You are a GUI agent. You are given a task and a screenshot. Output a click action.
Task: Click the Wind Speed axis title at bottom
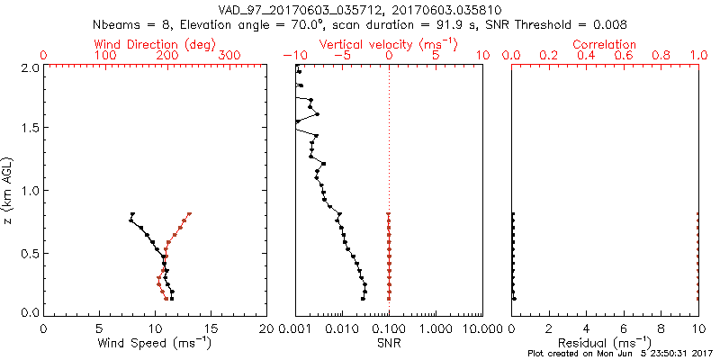tap(155, 342)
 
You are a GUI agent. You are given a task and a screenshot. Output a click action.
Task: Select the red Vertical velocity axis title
tap(388, 43)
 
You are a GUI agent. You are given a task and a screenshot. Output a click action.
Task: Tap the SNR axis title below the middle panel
tap(388, 343)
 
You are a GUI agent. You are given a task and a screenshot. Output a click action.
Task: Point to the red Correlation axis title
tap(604, 43)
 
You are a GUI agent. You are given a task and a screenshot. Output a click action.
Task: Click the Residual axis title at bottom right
tap(604, 342)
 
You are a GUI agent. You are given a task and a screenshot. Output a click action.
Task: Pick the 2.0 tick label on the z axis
tap(30, 67)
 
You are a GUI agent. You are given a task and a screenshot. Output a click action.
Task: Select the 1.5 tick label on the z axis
tap(30, 129)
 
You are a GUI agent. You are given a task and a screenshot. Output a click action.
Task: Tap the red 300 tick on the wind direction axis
tap(229, 56)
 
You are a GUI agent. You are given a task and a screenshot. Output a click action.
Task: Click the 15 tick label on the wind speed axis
tap(211, 328)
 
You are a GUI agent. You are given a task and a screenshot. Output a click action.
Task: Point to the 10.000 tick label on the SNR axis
tap(478, 328)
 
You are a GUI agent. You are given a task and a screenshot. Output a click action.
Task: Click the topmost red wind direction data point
tap(190, 214)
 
